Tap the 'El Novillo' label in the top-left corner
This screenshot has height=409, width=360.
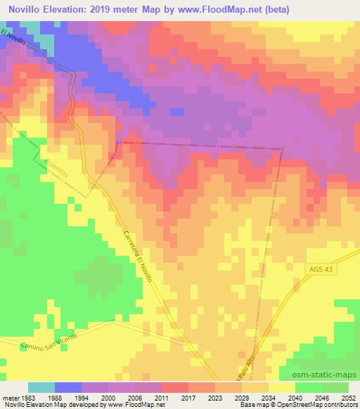(14, 37)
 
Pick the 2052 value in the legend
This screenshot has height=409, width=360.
(348, 396)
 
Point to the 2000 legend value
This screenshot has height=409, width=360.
(108, 396)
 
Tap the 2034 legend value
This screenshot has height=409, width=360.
(268, 396)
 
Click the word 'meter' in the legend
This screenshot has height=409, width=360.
(9, 396)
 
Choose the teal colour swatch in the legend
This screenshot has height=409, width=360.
(41, 387)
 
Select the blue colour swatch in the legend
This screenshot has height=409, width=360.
(68, 387)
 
